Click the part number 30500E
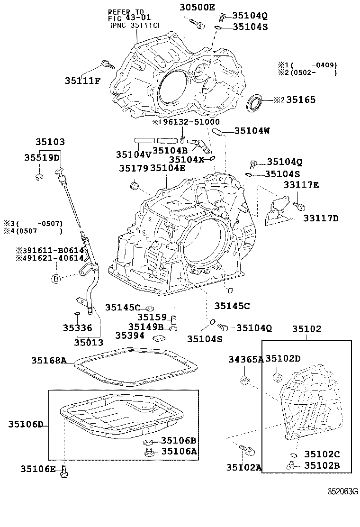click(197, 7)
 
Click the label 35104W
click(252, 131)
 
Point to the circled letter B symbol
click(56, 278)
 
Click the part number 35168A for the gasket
click(49, 361)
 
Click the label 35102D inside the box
click(283, 358)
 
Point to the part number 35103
click(50, 142)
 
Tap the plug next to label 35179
click(135, 185)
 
